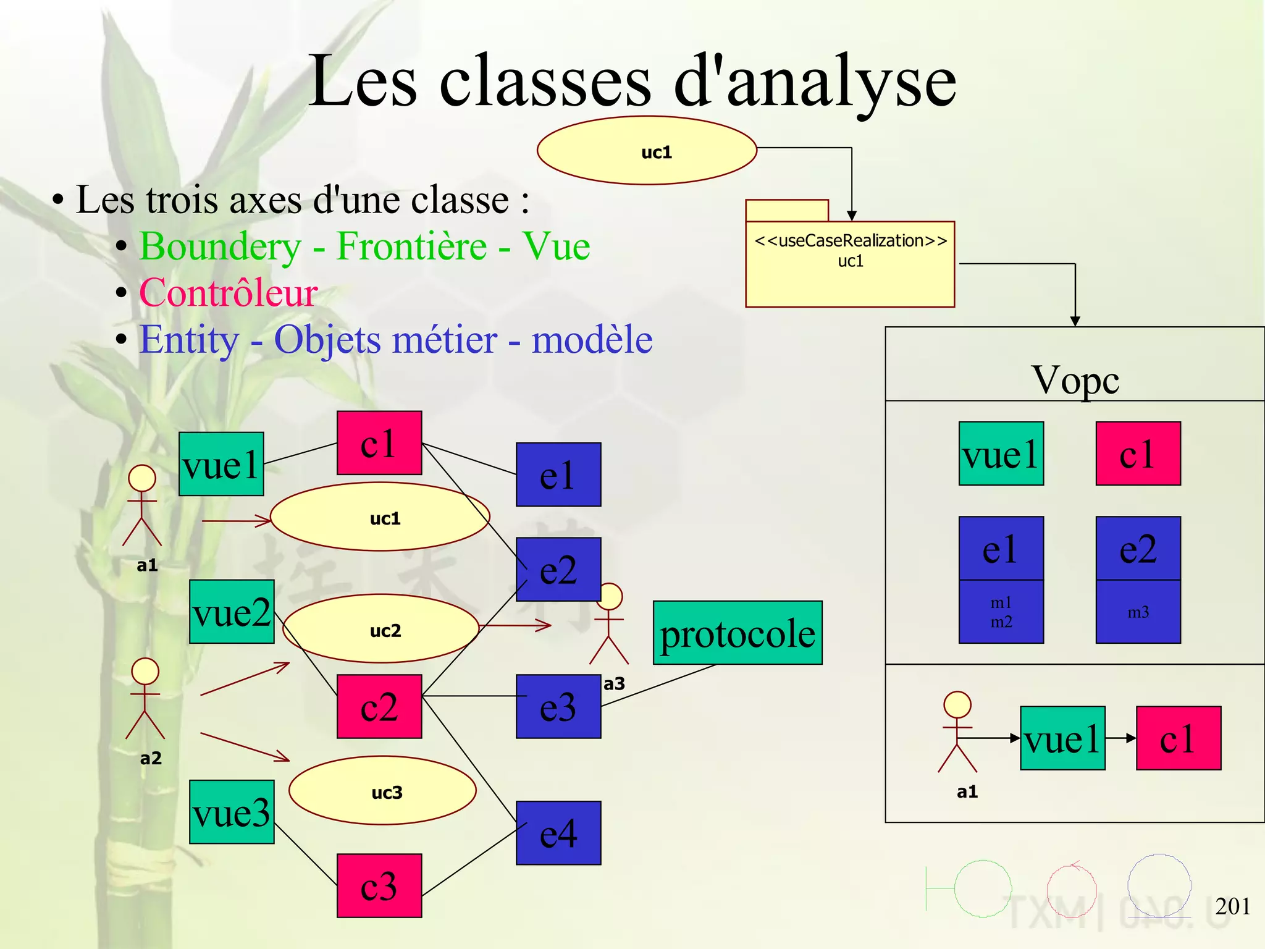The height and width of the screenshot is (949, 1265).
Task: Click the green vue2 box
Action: [232, 612]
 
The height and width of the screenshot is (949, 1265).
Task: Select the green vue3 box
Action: [232, 812]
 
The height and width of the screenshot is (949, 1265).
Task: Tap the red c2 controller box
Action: [379, 706]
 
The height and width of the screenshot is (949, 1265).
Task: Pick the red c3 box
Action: [379, 885]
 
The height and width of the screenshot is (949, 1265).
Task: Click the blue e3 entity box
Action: [558, 706]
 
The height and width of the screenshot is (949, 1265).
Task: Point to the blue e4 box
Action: [558, 833]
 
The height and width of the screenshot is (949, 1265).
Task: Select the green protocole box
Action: [738, 633]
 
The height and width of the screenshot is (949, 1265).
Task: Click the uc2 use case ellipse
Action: [382, 629]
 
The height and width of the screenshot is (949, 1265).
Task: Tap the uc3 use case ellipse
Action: [383, 791]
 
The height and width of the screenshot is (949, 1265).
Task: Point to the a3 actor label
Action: [614, 684]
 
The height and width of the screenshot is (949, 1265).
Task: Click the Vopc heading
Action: [1075, 379]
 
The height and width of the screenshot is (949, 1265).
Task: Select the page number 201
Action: [1232, 906]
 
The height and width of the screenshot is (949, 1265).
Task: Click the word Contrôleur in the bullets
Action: [229, 293]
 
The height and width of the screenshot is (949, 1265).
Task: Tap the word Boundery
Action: [220, 247]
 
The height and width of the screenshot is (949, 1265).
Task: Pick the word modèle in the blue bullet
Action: [592, 340]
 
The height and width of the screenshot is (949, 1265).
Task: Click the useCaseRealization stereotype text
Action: [851, 240]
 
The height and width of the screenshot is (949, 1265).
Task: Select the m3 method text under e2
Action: [1138, 612]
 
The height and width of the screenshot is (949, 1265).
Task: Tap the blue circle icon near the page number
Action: [1159, 884]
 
